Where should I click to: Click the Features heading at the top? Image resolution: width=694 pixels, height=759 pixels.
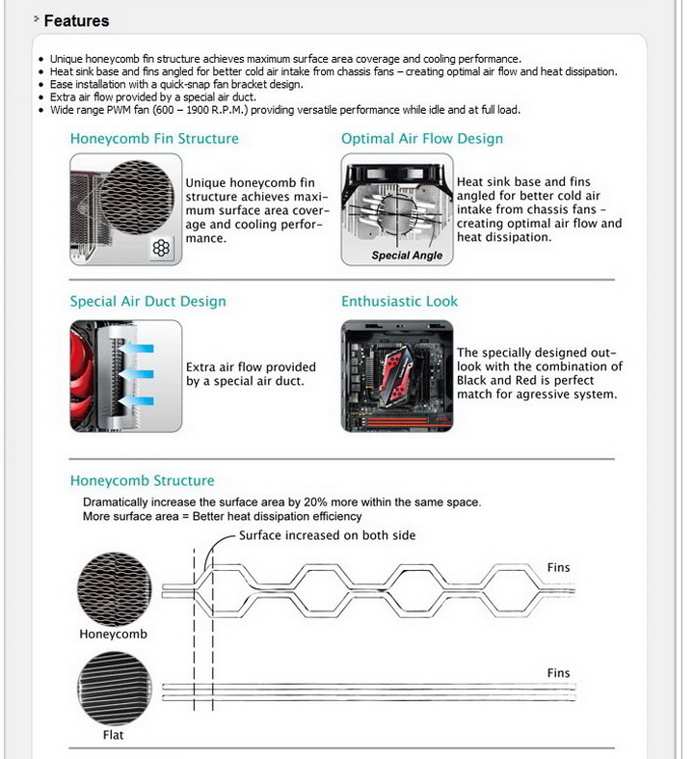coord(76,20)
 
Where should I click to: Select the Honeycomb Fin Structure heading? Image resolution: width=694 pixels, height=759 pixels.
coord(154,139)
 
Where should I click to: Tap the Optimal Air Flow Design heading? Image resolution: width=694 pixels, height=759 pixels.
coord(422,139)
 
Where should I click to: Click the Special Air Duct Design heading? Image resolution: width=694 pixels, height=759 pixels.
coord(147,302)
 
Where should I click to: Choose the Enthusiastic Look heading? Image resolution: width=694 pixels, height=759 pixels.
coord(399,302)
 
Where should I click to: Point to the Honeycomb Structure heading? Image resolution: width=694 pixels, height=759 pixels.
coord(142,481)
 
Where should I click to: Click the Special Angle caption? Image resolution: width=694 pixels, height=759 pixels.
coord(407,256)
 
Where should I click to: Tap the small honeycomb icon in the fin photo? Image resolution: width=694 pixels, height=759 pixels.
coord(161,249)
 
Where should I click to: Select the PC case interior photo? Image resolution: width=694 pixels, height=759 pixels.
coord(396,375)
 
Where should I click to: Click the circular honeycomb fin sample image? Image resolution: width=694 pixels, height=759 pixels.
coord(114,588)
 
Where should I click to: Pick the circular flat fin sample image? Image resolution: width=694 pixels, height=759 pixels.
coord(114,690)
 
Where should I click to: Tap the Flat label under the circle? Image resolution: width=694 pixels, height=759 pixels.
coord(113,735)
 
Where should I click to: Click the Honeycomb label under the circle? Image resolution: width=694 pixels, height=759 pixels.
coord(114,635)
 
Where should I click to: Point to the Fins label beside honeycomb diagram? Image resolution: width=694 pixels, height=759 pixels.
coord(558,568)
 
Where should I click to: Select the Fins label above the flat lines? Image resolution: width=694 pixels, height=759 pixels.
coord(558,673)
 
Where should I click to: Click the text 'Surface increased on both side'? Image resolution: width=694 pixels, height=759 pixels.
coord(328,535)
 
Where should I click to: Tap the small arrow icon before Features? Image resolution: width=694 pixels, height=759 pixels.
coord(36,18)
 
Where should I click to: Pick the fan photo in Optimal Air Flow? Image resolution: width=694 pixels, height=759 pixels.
coord(396,209)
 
